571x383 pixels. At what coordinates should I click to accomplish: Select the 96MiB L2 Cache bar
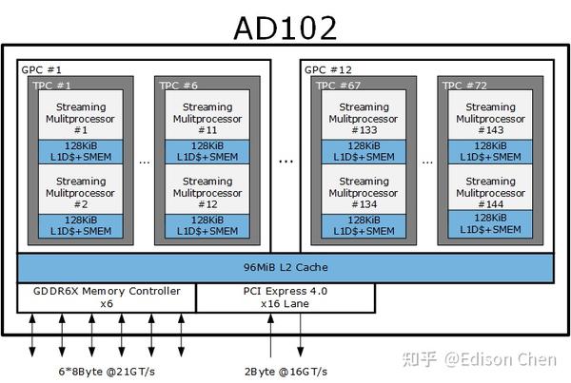tap(285, 268)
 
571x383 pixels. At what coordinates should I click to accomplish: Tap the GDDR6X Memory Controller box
tap(107, 297)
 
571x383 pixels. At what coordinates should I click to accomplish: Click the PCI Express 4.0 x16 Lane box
tap(285, 297)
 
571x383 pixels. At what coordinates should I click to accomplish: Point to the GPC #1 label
tap(41, 70)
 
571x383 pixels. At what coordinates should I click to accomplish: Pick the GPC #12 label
tap(328, 70)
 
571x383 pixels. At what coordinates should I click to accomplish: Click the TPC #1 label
tap(54, 85)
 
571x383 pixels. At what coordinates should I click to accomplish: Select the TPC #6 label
tap(182, 85)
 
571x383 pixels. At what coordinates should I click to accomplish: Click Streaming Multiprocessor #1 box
tap(81, 117)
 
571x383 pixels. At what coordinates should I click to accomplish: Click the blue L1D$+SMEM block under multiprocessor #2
tap(81, 225)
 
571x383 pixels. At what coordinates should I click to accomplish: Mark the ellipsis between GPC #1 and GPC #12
tap(286, 160)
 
